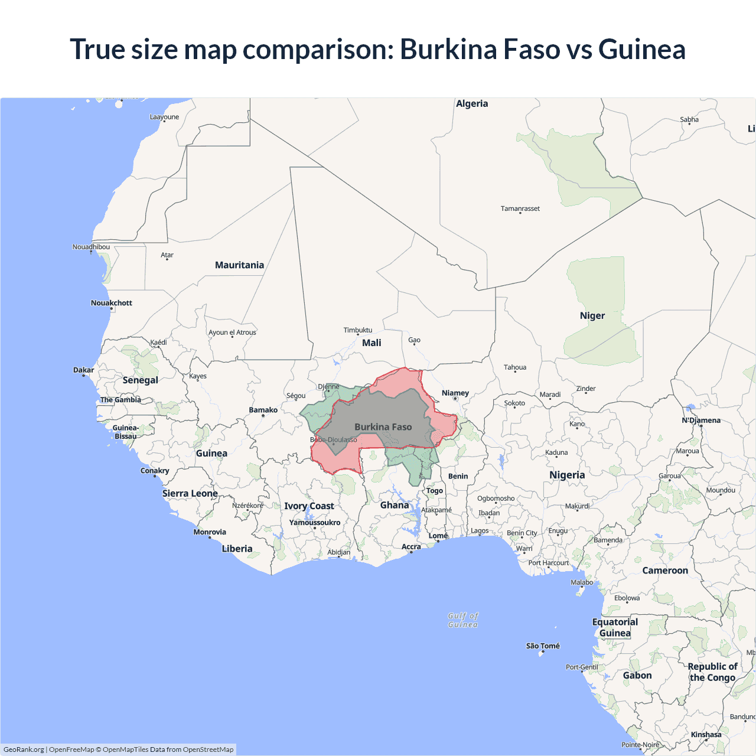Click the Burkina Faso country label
[x=383, y=427]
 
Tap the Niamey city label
[x=455, y=393]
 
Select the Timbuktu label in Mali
[x=358, y=330]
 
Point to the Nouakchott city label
[x=111, y=303]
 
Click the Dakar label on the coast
[x=83, y=370]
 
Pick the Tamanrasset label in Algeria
[x=520, y=208]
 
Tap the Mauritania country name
[x=239, y=265]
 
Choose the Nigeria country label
[x=567, y=475]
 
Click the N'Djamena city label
[x=701, y=421]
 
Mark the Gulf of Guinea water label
[x=463, y=620]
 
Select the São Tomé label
[x=543, y=646]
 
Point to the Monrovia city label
[x=210, y=532]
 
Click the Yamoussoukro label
[x=314, y=523]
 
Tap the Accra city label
[x=411, y=547]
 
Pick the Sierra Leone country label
[x=190, y=494]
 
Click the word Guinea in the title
[x=641, y=49]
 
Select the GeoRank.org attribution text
[x=24, y=750]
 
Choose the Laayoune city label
[x=164, y=117]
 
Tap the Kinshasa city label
[x=706, y=735]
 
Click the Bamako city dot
[x=263, y=416]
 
